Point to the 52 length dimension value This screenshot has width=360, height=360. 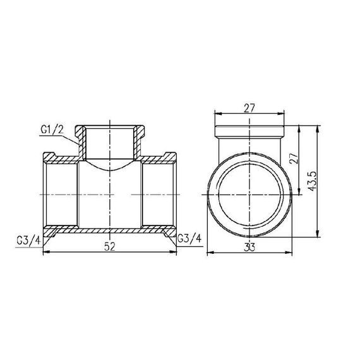tap(109, 248)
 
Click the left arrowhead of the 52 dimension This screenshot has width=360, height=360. tap(45, 253)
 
